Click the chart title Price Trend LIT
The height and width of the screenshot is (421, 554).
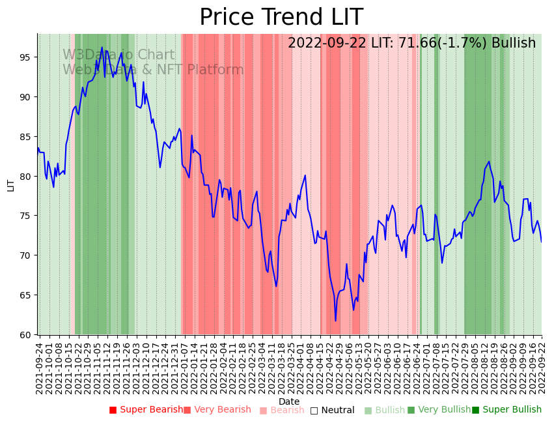tap(281, 18)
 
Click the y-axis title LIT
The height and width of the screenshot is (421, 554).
tap(11, 184)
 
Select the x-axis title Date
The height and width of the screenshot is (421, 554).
tap(289, 402)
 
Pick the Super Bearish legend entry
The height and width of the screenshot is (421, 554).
tap(146, 410)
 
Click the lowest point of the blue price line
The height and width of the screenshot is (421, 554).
tap(336, 321)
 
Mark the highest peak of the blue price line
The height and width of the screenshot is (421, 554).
tap(102, 47)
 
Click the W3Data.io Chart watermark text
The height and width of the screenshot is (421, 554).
tap(118, 55)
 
